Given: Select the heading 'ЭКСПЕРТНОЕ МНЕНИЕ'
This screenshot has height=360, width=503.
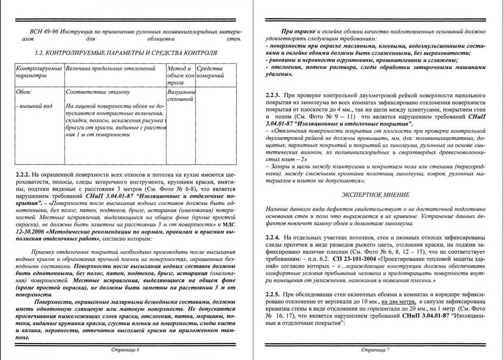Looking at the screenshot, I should tap(375, 195).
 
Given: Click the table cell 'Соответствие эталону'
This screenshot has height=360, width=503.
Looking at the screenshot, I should tap(98, 92).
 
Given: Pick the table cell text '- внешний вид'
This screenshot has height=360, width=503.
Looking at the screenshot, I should tap(34, 107).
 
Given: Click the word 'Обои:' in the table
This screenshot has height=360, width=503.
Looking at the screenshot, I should tap(24, 92).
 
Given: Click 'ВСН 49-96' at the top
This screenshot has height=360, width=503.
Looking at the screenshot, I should tap(44, 32).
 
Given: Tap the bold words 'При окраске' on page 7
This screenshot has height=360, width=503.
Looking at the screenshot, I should tap(298, 32).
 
